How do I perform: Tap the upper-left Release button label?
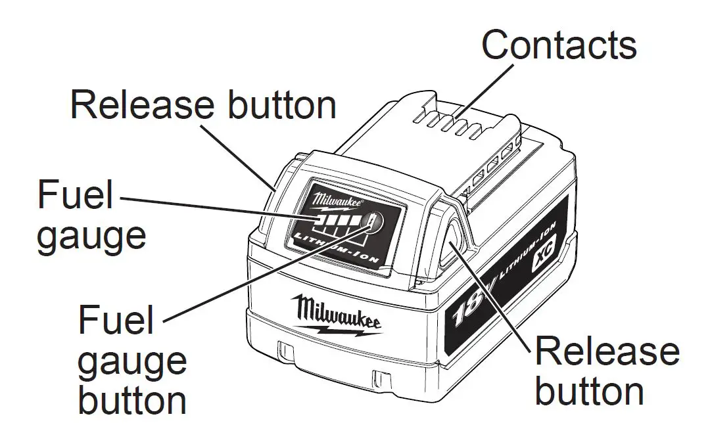point(203,105)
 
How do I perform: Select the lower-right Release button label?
point(606,372)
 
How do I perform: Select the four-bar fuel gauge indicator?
point(339,221)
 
